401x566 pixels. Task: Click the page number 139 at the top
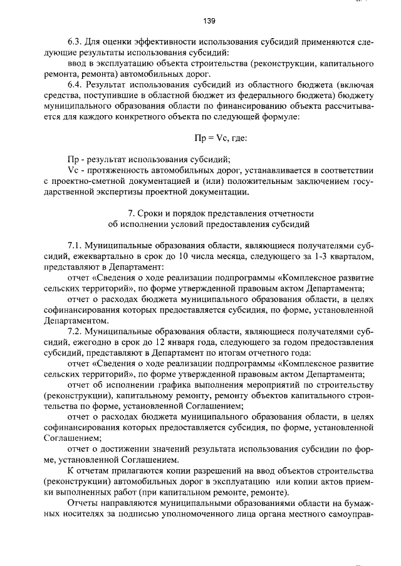click(x=209, y=21)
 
